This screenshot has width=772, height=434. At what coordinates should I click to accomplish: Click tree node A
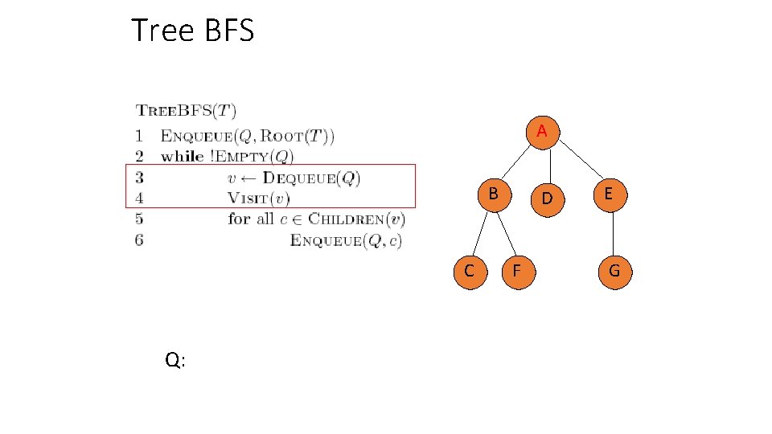coord(542,131)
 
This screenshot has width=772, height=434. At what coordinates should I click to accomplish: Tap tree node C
coord(469,271)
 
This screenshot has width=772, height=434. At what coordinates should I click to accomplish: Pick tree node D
coord(546,197)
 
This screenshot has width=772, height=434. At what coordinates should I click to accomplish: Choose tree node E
coord(608,194)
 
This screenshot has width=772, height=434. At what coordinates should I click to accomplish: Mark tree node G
coord(614,271)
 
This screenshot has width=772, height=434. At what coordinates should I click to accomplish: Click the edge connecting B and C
coord(481,233)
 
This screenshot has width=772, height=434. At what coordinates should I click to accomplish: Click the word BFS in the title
coord(228,31)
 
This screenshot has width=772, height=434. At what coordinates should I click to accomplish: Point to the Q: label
coord(175,360)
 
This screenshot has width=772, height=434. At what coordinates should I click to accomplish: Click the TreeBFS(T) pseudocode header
coord(186,111)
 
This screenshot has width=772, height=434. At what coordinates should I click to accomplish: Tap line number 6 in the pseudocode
coord(140,240)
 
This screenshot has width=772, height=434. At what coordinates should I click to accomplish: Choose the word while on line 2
coord(182,156)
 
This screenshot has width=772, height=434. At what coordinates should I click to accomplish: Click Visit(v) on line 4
coord(258,198)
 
